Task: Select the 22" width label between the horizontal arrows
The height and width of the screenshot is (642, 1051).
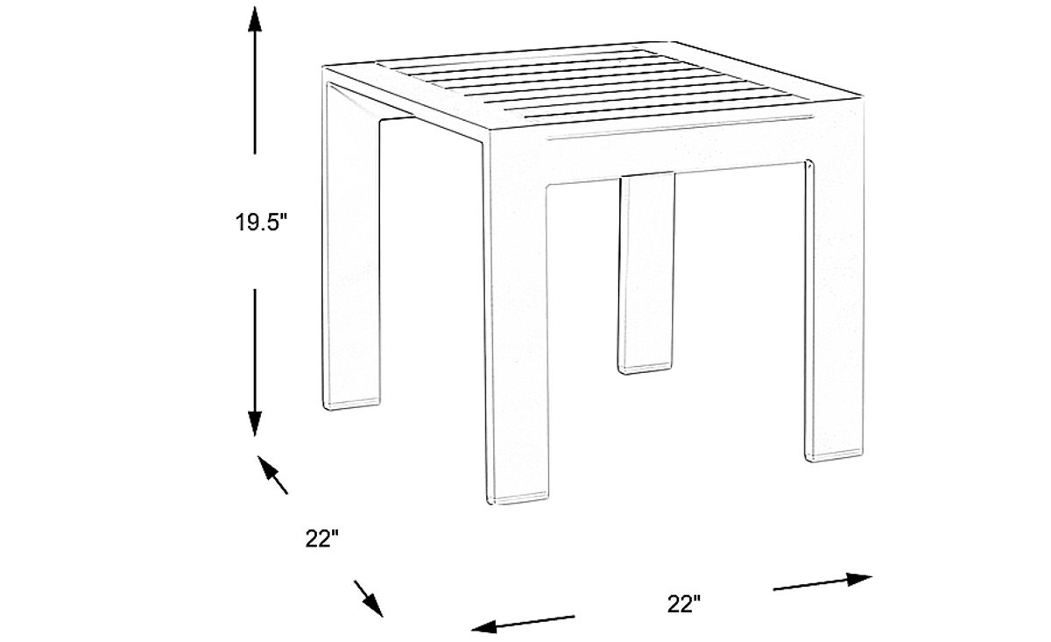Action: (x=684, y=603)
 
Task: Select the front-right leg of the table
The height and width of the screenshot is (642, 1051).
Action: (x=830, y=315)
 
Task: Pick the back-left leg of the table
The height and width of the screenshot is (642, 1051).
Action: (x=352, y=263)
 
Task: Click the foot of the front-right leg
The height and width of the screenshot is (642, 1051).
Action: (x=832, y=452)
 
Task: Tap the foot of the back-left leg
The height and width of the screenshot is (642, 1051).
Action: (x=354, y=403)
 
